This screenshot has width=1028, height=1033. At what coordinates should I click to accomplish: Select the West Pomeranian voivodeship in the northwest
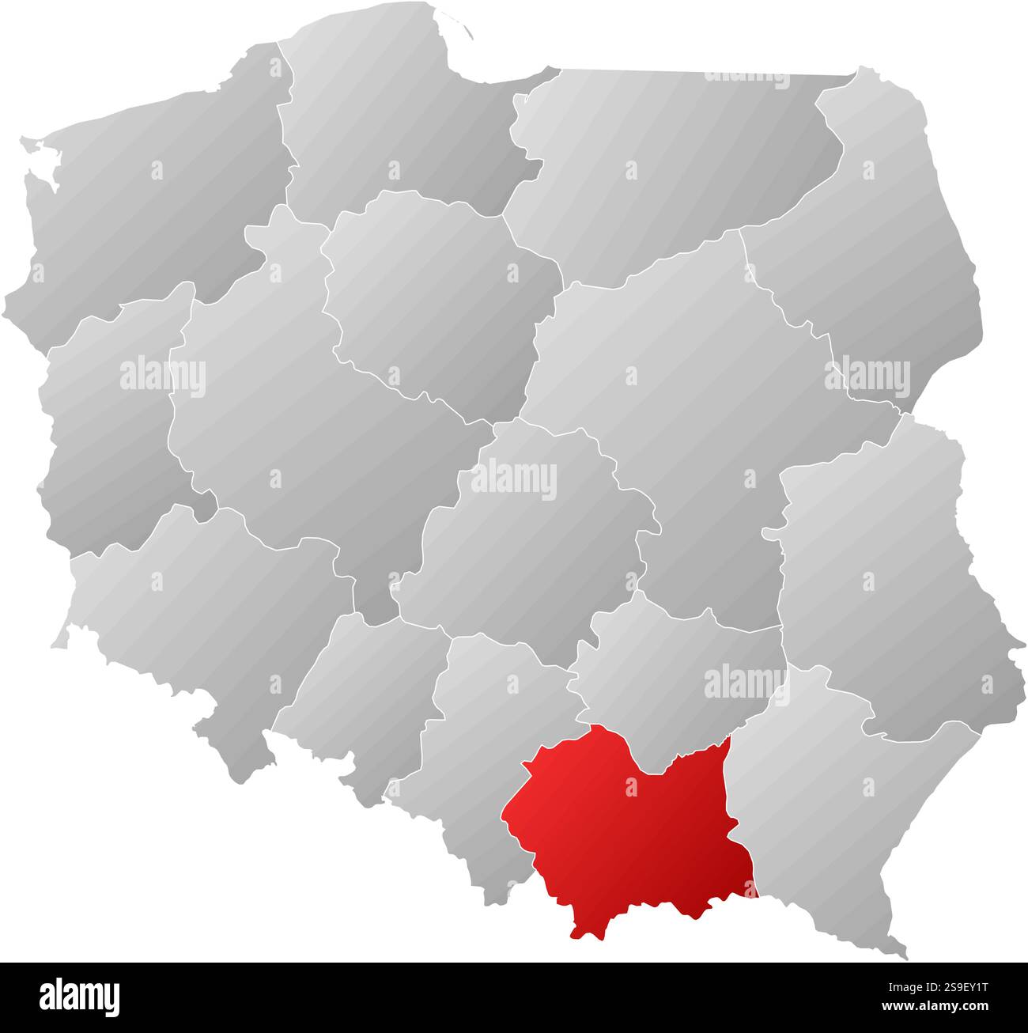pos(158,190)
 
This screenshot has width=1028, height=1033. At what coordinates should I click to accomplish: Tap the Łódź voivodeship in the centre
pos(522,538)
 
